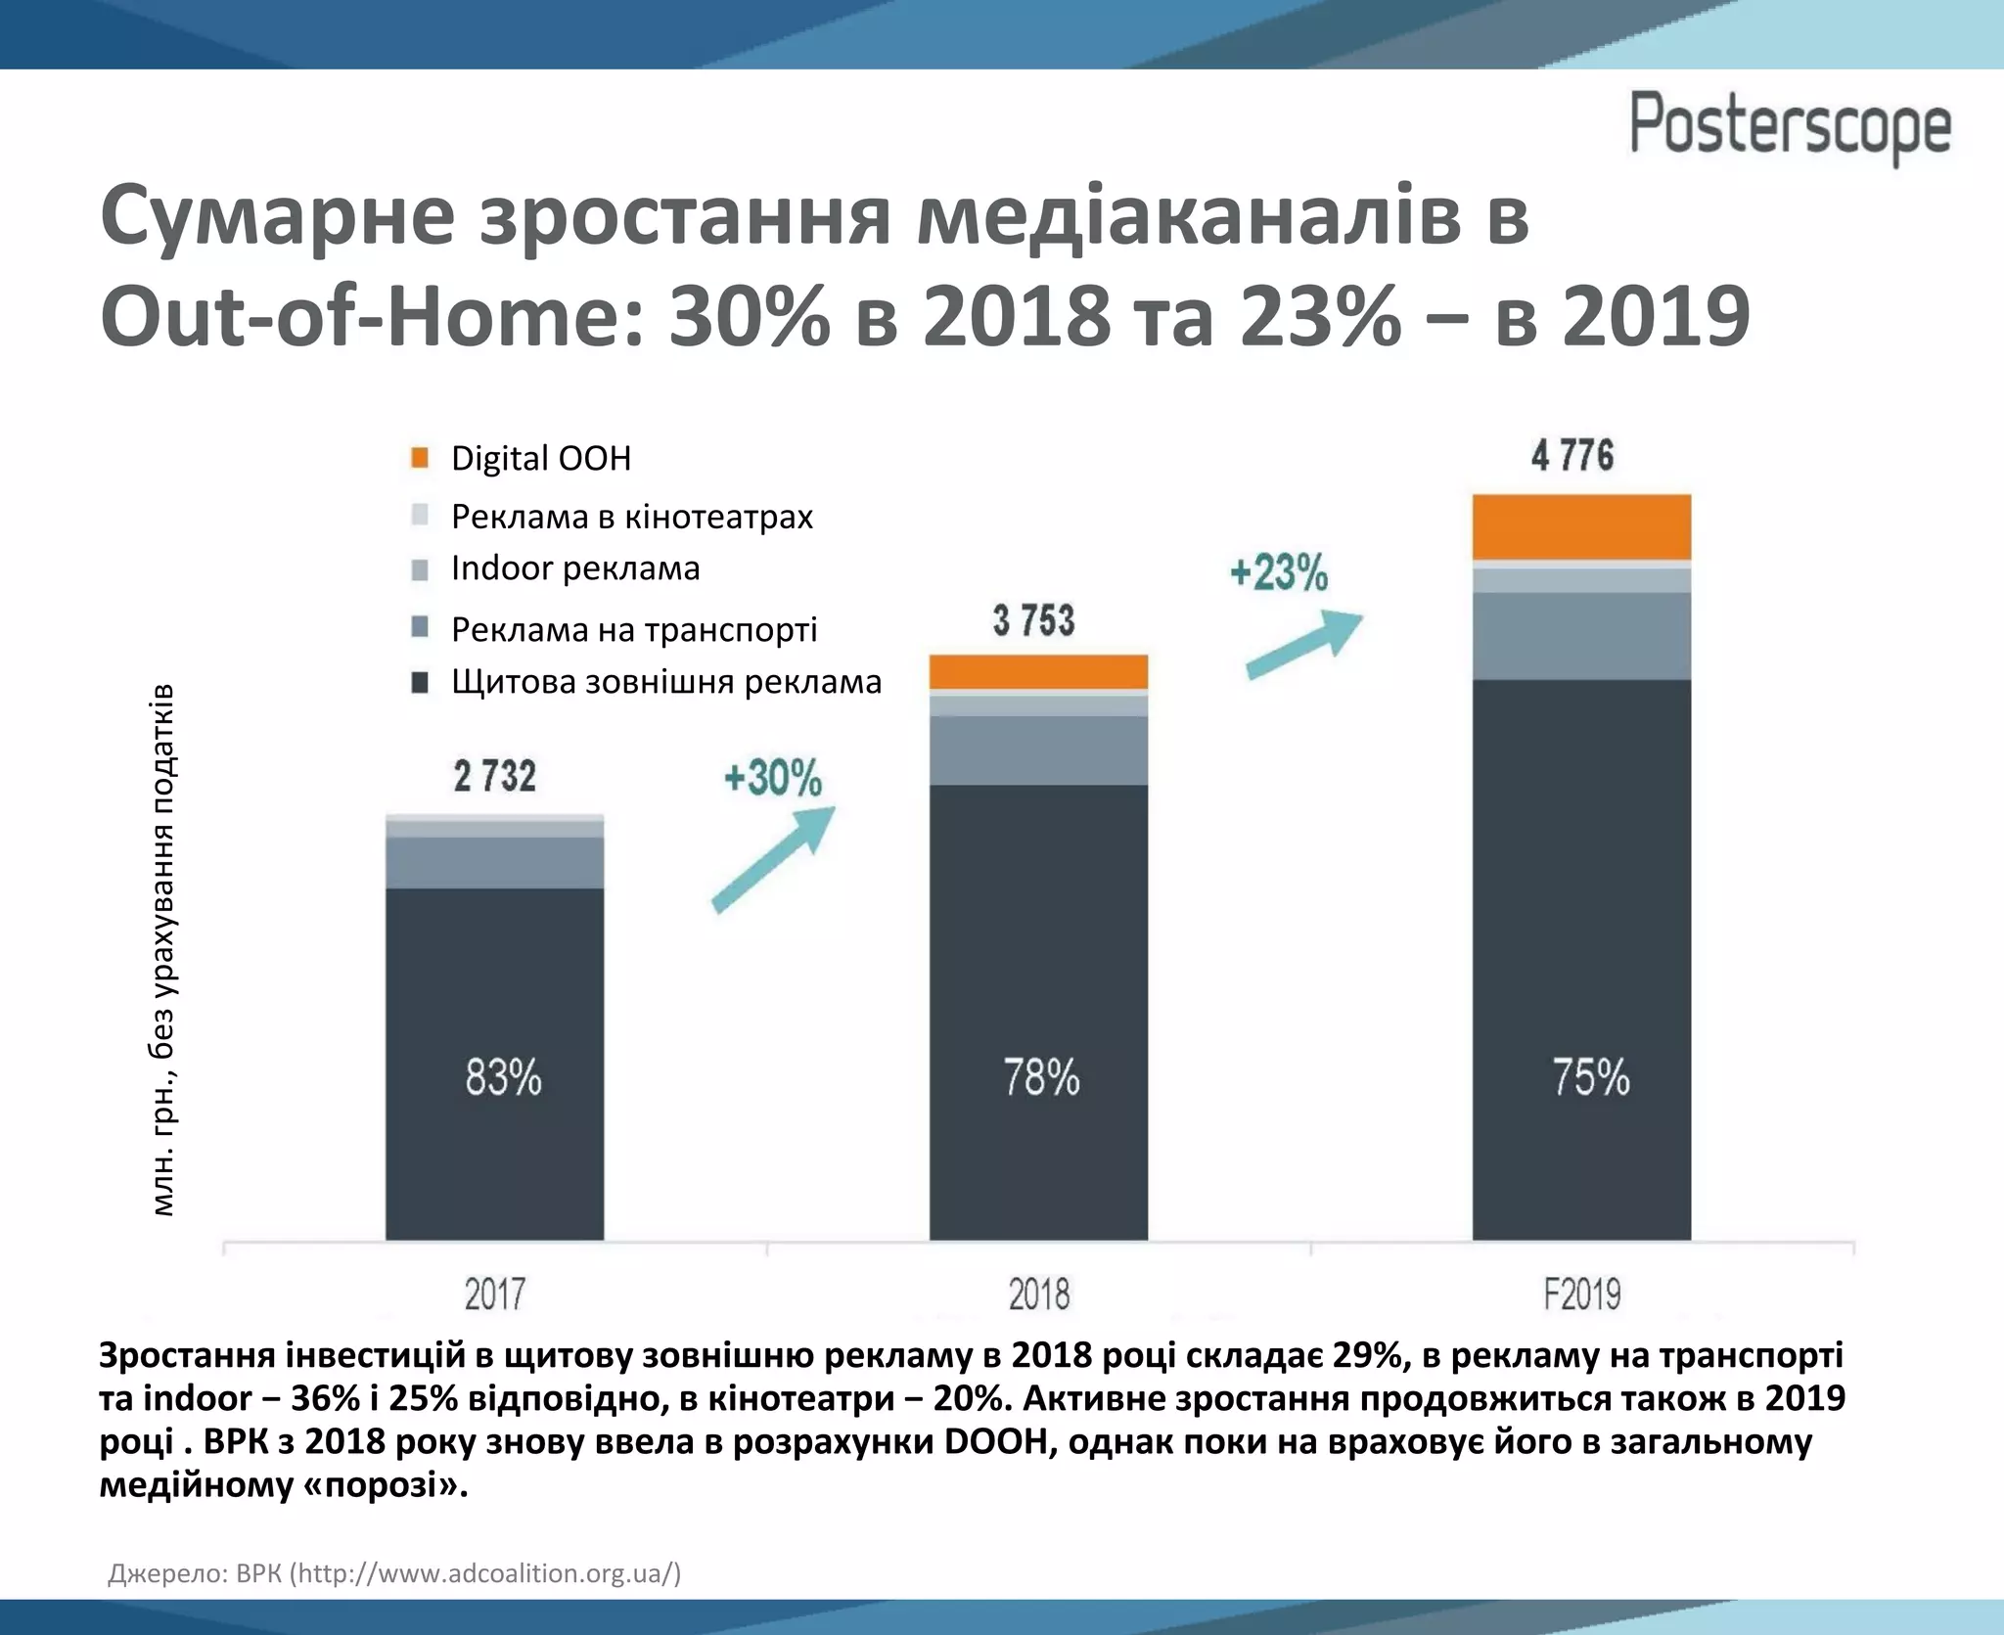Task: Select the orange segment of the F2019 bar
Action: click(x=1581, y=526)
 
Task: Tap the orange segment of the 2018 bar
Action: click(x=1038, y=671)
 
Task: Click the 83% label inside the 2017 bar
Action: click(x=503, y=1077)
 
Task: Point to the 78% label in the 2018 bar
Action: click(x=1041, y=1077)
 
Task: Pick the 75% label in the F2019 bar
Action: click(x=1591, y=1077)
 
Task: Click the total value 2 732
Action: click(x=495, y=777)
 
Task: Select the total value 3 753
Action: click(x=1033, y=620)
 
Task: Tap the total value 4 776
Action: click(x=1572, y=456)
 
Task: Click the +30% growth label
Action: click(x=773, y=779)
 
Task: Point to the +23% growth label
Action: click(x=1279, y=572)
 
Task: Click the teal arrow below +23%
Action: click(x=1303, y=644)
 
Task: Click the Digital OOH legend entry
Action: click(x=540, y=458)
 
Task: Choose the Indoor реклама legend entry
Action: click(x=574, y=568)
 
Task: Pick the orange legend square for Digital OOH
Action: click(x=420, y=458)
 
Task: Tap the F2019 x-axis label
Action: click(x=1582, y=1294)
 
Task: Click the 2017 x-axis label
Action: click(x=494, y=1294)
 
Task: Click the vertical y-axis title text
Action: click(x=162, y=949)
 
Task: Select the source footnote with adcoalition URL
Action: click(x=393, y=1573)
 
